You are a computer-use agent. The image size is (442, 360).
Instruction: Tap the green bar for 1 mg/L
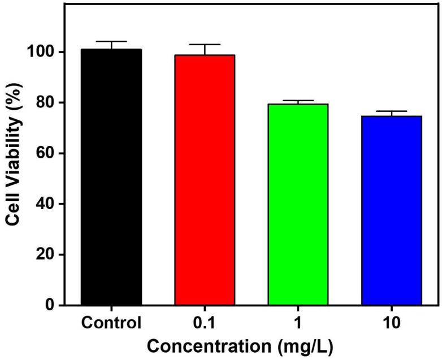298,205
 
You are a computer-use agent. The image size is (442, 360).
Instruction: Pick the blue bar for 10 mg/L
392,210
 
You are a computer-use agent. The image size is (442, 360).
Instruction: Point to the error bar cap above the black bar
111,41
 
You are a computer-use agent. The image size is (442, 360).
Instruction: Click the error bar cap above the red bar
205,44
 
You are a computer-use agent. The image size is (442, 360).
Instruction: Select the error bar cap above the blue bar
392,111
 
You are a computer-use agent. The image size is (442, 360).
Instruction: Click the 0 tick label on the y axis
50,306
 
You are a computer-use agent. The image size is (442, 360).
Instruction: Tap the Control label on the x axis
111,324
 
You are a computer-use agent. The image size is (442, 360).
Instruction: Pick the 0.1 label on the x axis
205,324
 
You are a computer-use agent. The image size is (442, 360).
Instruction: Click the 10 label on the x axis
392,324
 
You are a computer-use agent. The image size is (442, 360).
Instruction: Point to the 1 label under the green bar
298,324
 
